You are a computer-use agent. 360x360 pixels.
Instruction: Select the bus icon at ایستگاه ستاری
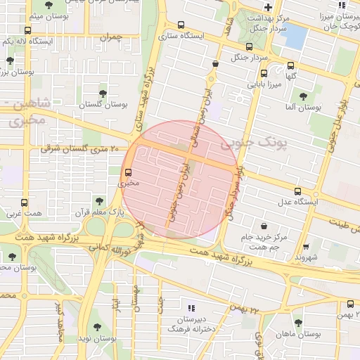pyautogui.click(x=181, y=24)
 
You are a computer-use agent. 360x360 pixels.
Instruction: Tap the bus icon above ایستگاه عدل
pyautogui.click(x=297, y=191)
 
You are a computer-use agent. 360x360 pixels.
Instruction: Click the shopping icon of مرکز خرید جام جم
pyautogui.click(x=264, y=226)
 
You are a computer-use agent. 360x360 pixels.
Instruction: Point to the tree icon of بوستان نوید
pyautogui.click(x=97, y=327)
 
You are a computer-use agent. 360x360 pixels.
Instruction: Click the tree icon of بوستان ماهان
pyautogui.click(x=298, y=323)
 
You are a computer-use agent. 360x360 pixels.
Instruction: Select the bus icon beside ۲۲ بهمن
pyautogui.click(x=351, y=304)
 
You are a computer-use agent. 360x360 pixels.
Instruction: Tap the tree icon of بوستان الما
pyautogui.click(x=303, y=96)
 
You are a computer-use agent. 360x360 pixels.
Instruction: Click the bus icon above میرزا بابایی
pyautogui.click(x=264, y=73)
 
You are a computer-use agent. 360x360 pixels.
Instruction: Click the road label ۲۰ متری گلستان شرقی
pyautogui.click(x=70, y=148)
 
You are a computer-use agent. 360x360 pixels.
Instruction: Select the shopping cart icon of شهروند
pyautogui.click(x=307, y=246)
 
